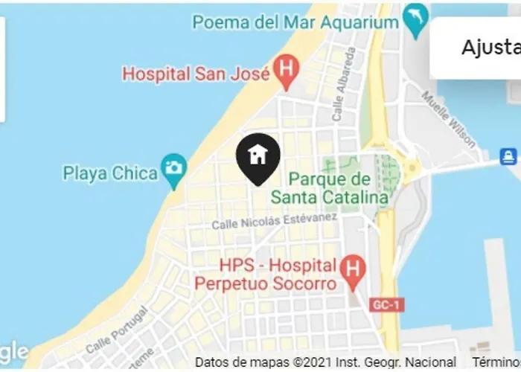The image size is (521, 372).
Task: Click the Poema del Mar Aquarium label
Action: click(x=295, y=22)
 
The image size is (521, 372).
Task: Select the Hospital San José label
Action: click(x=195, y=74)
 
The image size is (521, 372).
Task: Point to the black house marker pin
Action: click(x=258, y=157)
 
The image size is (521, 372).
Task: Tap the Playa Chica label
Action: click(x=110, y=173)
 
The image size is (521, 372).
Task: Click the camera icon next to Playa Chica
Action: click(x=174, y=167)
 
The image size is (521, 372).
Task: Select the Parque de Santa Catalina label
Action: click(x=329, y=188)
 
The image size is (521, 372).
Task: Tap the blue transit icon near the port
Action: click(x=508, y=156)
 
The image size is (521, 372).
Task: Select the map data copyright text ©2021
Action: click(x=325, y=362)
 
